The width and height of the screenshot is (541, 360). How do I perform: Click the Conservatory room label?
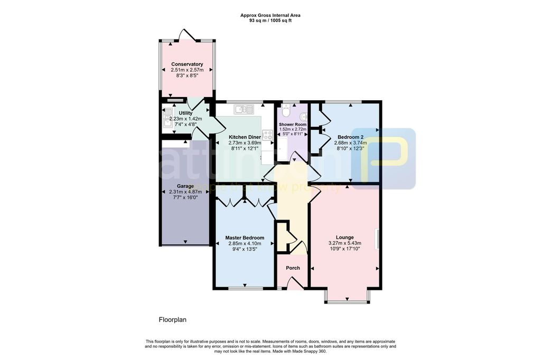pos(187,64)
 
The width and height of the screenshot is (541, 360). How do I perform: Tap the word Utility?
pos(185,113)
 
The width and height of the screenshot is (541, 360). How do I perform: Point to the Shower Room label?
pos(293,125)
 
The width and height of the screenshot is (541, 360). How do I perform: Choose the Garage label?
pos(185,186)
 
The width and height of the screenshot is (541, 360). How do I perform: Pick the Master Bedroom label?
pos(245,238)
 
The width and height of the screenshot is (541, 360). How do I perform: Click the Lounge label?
pos(344,237)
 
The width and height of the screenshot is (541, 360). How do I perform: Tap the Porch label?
pos(293,268)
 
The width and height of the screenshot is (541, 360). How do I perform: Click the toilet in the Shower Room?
pos(285,111)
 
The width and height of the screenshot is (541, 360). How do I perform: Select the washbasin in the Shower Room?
pos(303,115)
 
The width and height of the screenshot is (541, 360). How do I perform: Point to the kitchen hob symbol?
pos(267,135)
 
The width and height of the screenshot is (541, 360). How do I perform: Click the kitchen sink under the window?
pos(245,109)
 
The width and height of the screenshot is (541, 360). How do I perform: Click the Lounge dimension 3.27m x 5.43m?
pos(344,243)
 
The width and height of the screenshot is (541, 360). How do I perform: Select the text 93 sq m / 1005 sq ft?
pos(270,21)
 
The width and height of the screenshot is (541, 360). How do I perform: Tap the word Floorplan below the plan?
pos(173,320)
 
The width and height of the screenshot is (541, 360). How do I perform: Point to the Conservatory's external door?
pos(188,37)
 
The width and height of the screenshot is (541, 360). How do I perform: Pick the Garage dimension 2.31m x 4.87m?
pos(185,192)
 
